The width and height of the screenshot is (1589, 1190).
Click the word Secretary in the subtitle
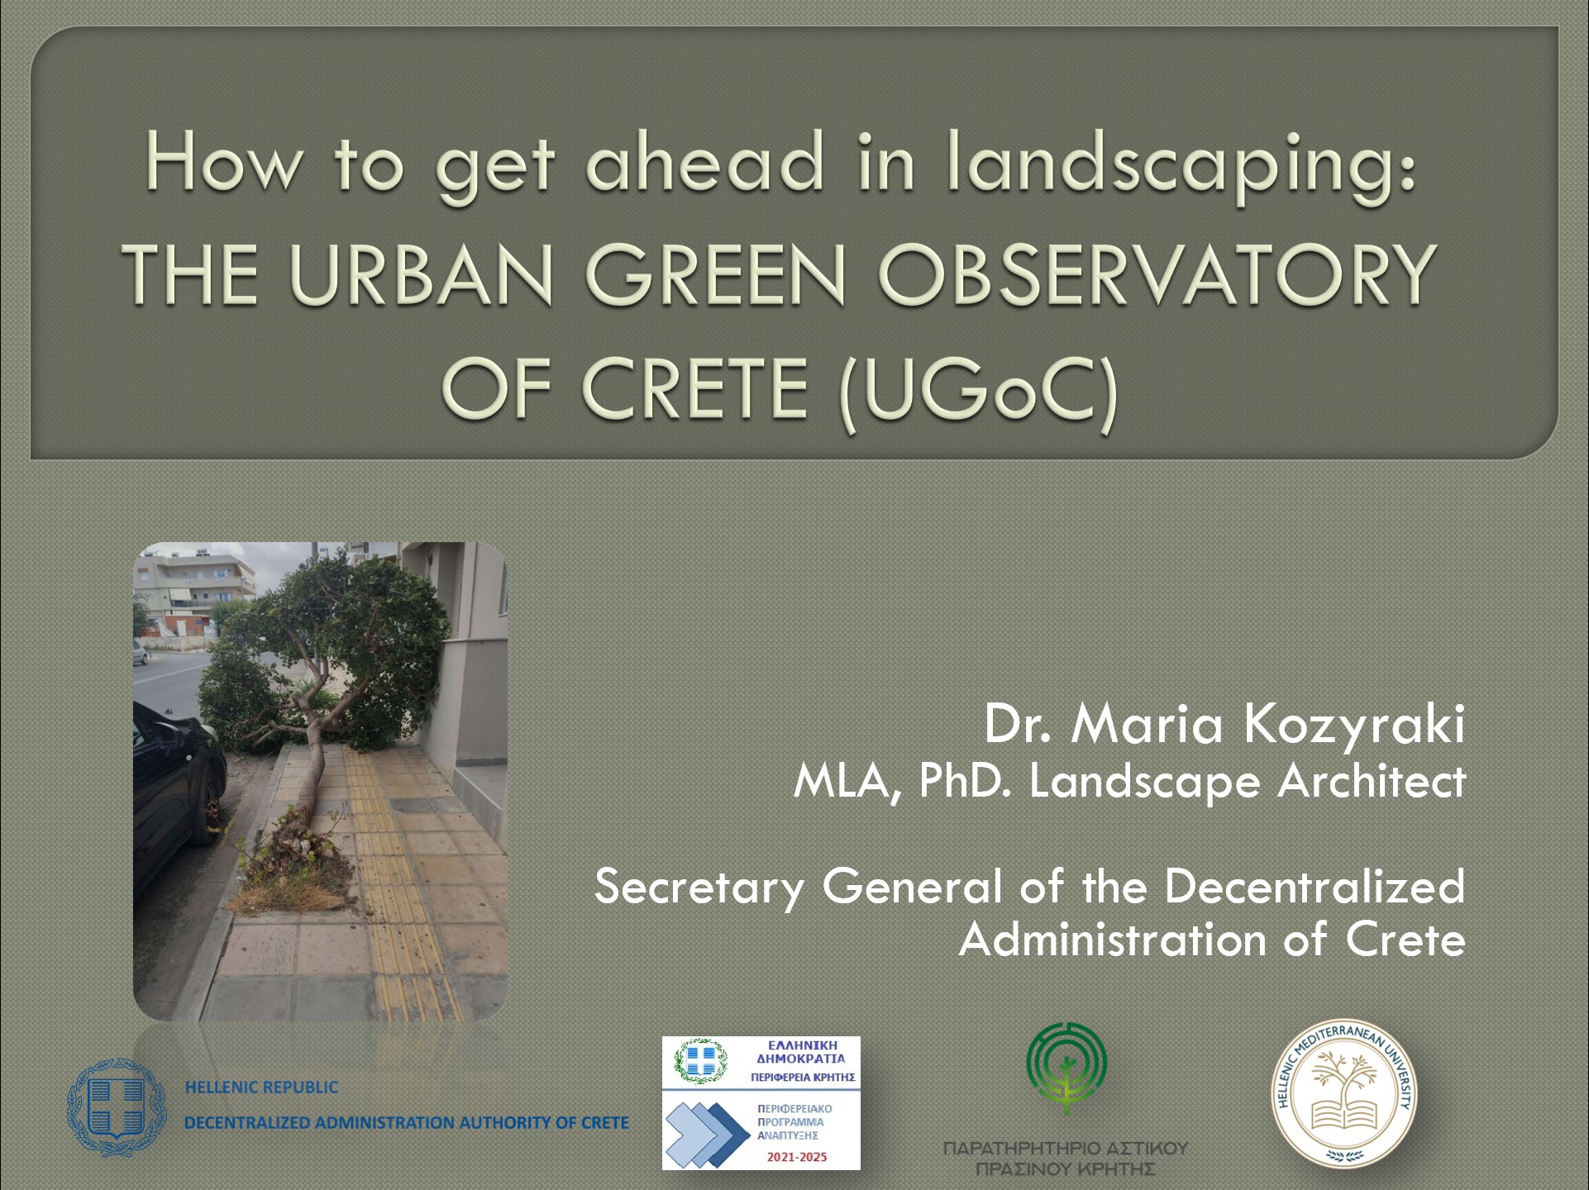[699, 888]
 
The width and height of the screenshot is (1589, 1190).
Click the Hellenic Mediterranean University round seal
[1343, 1093]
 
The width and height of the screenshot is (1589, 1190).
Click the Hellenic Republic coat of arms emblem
[117, 1107]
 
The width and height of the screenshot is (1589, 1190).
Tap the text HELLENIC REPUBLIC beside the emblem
[261, 1088]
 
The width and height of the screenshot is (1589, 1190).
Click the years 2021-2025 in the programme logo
[797, 1157]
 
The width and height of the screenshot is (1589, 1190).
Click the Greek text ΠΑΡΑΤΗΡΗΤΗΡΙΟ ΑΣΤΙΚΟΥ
[1065, 1148]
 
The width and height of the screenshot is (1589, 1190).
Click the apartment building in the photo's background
[198, 592]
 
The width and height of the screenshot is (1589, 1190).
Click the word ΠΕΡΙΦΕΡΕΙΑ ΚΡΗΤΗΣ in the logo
[802, 1078]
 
